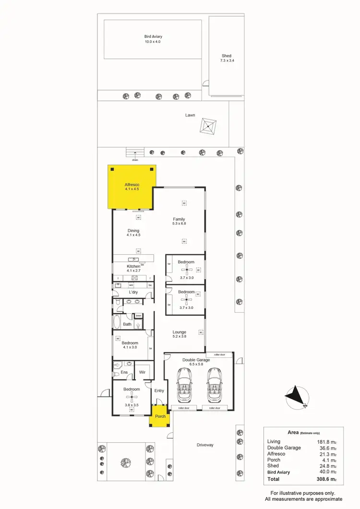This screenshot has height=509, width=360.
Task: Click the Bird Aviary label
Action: [x=153, y=36]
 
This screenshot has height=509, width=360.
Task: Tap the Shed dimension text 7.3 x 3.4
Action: [x=227, y=61]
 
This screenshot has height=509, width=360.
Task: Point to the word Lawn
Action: [x=190, y=115]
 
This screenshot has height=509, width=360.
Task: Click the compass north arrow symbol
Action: [x=297, y=396]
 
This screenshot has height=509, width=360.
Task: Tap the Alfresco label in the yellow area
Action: [x=132, y=184]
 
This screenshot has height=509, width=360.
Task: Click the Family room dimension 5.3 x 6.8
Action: [x=179, y=224]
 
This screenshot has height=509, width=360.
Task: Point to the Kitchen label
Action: [x=133, y=266]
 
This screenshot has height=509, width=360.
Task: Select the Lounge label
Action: [x=180, y=331]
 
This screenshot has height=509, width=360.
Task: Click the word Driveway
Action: [x=205, y=445]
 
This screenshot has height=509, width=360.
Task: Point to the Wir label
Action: [x=142, y=372]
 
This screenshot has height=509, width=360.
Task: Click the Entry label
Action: [x=159, y=391]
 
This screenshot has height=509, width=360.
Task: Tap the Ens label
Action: [x=124, y=372]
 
